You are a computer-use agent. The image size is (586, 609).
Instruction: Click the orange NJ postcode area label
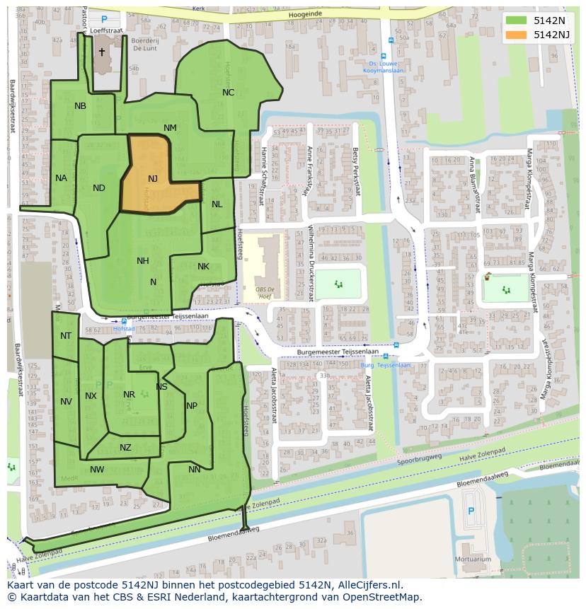tap(153, 179)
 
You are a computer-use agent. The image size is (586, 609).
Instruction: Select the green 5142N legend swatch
tap(516, 20)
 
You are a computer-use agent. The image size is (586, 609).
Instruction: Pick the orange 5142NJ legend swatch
tap(516, 35)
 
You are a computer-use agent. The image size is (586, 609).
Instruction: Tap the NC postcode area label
tap(228, 93)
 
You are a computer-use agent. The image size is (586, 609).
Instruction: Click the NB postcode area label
tap(80, 106)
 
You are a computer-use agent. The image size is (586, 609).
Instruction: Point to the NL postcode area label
tap(217, 204)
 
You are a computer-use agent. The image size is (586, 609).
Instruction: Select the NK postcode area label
tap(203, 267)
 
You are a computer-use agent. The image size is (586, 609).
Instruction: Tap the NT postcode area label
tap(66, 336)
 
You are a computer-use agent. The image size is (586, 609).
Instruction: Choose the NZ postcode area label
tap(125, 448)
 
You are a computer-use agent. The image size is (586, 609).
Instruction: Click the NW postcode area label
tap(97, 470)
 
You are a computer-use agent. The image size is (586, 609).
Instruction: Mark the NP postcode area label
tap(192, 406)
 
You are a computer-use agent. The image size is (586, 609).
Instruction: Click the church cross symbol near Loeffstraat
tap(101, 52)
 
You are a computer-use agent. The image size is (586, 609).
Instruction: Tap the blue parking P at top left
tap(105, 20)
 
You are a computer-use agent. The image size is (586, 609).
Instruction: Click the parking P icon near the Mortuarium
tap(472, 511)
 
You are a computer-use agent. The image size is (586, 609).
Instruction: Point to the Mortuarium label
tap(473, 559)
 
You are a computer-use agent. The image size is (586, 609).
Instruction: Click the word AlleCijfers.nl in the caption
tap(368, 585)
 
